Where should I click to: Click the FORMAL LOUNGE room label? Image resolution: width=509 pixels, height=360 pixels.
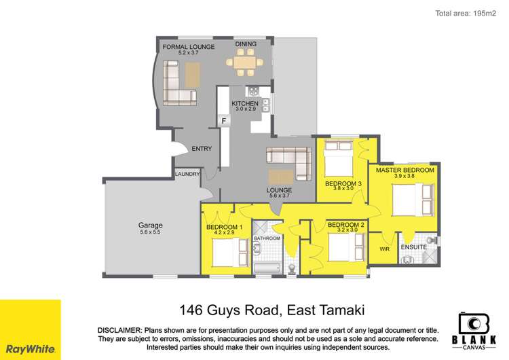pyautogui.click(x=188, y=46)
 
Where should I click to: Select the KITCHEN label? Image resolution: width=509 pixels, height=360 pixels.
pyautogui.click(x=245, y=103)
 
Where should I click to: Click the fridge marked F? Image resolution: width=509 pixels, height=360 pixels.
pyautogui.click(x=223, y=122)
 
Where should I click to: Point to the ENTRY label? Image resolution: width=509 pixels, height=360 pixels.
pyautogui.click(x=202, y=149)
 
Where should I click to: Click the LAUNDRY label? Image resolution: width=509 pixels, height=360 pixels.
pyautogui.click(x=187, y=174)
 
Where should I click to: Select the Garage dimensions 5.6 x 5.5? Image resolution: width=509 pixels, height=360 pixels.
pyautogui.click(x=151, y=232)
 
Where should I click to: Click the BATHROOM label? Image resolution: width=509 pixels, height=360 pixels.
pyautogui.click(x=267, y=238)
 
